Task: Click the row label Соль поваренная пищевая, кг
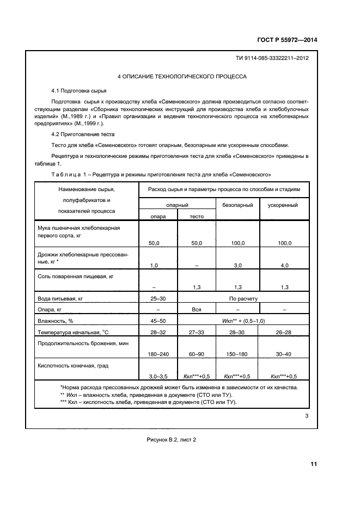click(x=75, y=277)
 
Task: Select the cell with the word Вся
click(x=196, y=309)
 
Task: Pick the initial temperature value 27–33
click(x=196, y=332)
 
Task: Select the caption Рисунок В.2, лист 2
click(x=171, y=440)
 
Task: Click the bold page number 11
click(x=313, y=464)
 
